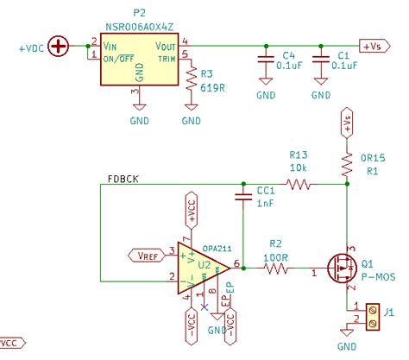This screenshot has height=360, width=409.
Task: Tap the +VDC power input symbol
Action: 59,44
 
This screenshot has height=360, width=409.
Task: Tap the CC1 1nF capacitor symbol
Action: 242,199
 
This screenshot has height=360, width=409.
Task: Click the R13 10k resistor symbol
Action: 299,184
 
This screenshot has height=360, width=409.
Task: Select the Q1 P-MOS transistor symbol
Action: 343,268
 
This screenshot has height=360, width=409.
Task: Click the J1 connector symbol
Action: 373,316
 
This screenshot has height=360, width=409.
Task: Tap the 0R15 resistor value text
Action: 373,158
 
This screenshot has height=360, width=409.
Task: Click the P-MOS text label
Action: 377,277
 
